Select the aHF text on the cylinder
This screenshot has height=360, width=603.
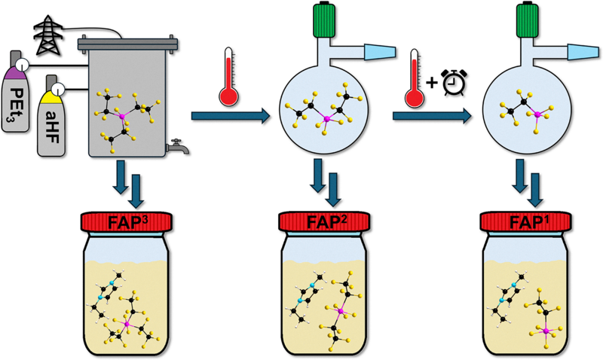pyautogui.click(x=52, y=127)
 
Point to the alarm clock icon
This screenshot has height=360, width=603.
pyautogui.click(x=455, y=82)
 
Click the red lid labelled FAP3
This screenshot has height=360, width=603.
pyautogui.click(x=127, y=221)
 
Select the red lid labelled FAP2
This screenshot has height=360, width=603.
pyautogui.click(x=324, y=221)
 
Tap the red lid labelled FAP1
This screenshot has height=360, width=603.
pyautogui.click(x=525, y=221)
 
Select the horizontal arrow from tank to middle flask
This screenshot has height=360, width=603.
pyautogui.click(x=231, y=116)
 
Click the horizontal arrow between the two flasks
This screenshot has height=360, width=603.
pyautogui.click(x=432, y=116)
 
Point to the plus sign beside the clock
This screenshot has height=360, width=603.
pyautogui.click(x=432, y=82)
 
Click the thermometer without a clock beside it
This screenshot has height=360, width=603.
pyautogui.click(x=229, y=77)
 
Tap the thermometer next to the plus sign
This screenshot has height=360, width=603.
pyautogui.click(x=415, y=78)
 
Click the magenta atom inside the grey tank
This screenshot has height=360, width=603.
pyautogui.click(x=122, y=116)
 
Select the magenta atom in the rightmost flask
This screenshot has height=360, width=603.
pyautogui.click(x=537, y=114)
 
